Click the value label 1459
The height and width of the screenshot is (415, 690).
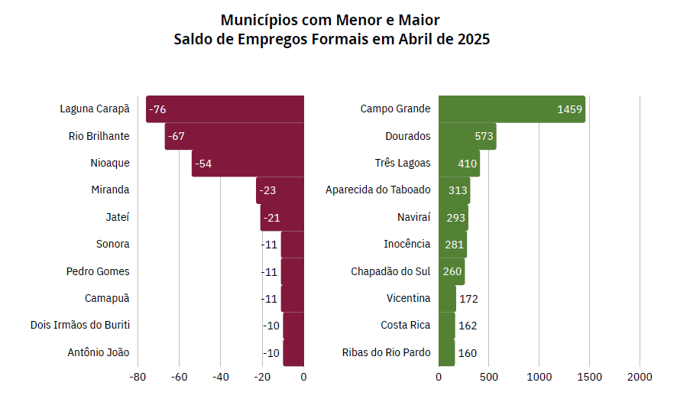click(x=570, y=109)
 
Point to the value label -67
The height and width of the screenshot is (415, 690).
click(x=177, y=136)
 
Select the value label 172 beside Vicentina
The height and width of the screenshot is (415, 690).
click(x=468, y=299)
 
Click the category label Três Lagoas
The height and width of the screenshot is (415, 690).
click(x=403, y=164)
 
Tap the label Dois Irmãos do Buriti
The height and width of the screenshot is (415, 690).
click(x=80, y=326)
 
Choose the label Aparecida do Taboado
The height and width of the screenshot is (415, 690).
click(x=378, y=190)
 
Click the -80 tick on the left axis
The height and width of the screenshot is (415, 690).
click(x=138, y=377)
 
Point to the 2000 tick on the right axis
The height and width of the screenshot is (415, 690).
click(x=640, y=377)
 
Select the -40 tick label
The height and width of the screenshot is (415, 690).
click(x=220, y=377)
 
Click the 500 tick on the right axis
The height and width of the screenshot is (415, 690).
click(x=489, y=377)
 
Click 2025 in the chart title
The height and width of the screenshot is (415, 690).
click(x=473, y=39)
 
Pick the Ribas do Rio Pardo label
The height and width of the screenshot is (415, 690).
click(x=387, y=353)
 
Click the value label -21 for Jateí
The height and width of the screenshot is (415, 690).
click(x=271, y=218)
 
